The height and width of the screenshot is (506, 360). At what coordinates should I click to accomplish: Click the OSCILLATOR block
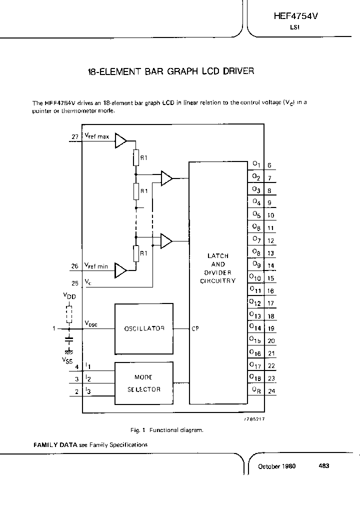144,328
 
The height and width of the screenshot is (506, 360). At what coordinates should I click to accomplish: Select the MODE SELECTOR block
144,383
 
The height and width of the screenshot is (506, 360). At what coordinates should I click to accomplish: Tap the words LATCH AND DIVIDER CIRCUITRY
218,268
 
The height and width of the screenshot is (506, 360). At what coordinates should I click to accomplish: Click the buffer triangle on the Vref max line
121,140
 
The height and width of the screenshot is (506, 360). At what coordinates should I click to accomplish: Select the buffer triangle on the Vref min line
121,270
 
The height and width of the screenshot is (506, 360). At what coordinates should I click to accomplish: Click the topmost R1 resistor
136,158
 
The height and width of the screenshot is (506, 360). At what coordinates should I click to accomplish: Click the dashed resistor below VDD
69,314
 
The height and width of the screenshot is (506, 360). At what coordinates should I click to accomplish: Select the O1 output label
255,163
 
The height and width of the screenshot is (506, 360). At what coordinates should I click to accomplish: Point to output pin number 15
270,278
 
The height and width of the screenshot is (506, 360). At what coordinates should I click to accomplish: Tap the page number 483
323,466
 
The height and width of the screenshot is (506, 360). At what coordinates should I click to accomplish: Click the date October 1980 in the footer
276,466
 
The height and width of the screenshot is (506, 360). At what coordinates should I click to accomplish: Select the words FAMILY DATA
54,444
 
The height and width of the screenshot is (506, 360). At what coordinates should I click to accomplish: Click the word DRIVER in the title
238,71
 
